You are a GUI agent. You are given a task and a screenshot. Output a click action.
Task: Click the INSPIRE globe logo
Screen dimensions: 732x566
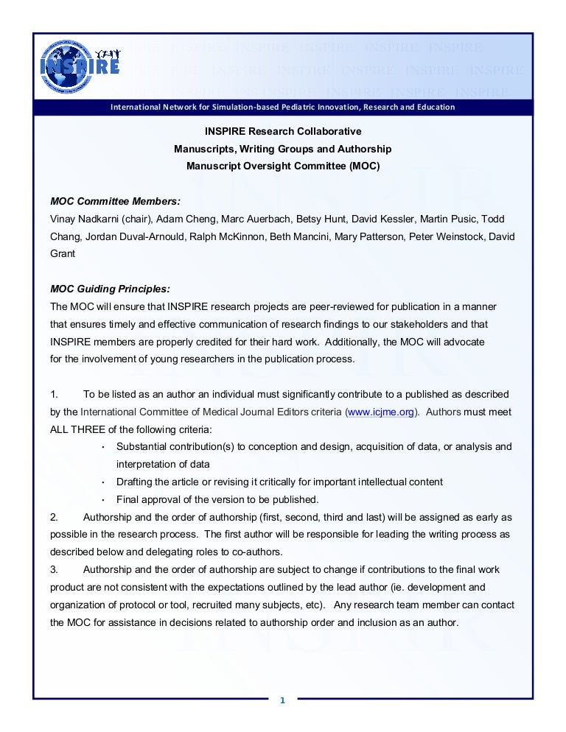pos(80,64)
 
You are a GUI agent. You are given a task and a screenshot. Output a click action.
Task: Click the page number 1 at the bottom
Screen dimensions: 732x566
pos(282,700)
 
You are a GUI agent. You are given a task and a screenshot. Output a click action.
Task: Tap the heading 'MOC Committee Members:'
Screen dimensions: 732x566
pos(115,201)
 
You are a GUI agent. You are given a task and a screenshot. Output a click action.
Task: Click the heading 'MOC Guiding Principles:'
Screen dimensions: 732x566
pos(110,289)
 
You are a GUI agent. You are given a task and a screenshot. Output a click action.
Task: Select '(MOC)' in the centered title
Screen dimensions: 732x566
pos(364,166)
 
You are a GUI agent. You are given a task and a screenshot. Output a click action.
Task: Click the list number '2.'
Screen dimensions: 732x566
pos(54,517)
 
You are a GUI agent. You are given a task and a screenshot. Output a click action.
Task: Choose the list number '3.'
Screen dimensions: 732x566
pos(54,569)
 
